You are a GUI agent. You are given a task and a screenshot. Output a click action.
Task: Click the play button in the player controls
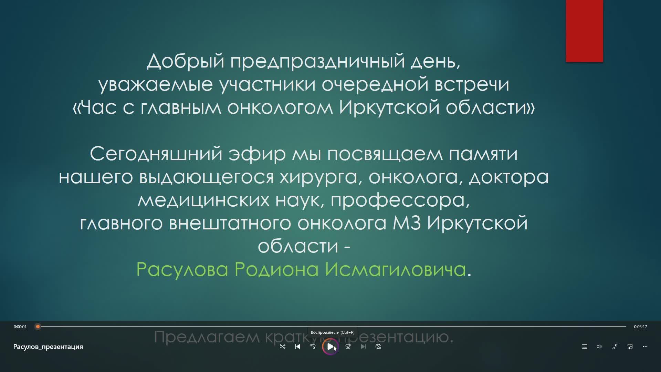coord(330,347)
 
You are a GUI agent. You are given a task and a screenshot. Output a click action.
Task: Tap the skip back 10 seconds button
coord(313,347)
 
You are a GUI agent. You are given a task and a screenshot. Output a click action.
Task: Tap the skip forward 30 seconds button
coord(348,347)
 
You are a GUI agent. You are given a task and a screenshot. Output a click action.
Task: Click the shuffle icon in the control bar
coord(283,347)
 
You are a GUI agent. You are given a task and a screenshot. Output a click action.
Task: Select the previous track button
coord(298,347)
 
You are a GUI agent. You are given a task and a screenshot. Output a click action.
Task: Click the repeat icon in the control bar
coord(378,347)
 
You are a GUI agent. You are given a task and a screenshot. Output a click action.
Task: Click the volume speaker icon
coord(599,347)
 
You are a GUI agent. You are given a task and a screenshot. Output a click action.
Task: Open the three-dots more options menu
coord(645,347)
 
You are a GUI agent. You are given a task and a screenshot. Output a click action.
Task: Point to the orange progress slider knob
coord(38,327)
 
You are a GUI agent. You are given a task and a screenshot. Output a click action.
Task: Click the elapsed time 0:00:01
coord(20,327)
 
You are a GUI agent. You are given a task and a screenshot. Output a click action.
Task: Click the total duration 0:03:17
coord(640,327)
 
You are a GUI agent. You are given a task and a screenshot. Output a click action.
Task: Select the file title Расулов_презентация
coord(48,347)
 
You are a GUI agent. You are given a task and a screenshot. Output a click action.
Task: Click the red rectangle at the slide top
coord(584,31)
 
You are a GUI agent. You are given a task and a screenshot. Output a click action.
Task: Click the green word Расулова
coord(182,269)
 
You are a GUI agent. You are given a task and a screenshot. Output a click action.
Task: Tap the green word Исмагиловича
coord(395,269)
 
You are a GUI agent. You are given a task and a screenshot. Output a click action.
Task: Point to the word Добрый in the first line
coord(186,61)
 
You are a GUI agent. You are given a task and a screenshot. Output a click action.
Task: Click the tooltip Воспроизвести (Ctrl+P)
coord(333,332)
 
